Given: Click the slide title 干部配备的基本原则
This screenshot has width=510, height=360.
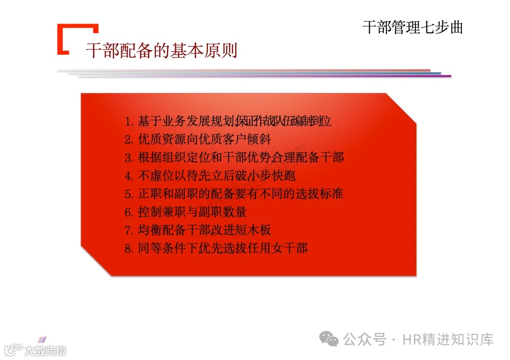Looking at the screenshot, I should [161, 50].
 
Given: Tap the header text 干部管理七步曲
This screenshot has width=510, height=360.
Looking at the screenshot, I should [412, 27].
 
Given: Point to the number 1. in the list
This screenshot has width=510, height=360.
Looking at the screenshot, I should [129, 122].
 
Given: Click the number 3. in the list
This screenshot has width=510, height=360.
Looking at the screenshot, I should [129, 158].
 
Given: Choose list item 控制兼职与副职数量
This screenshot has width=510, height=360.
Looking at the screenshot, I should [192, 212].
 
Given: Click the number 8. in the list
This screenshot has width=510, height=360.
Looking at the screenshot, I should [129, 249].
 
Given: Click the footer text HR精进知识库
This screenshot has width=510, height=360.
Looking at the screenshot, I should [448, 339].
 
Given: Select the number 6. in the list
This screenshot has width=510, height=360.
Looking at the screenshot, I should [129, 212].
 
